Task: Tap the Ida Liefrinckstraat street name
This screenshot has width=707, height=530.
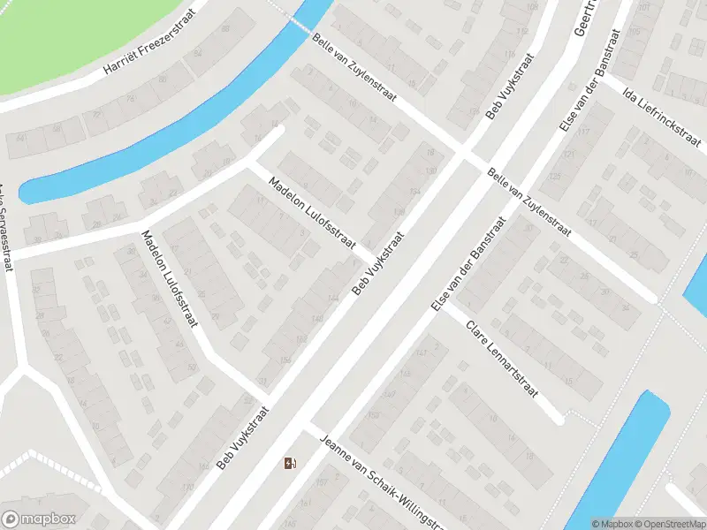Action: pyautogui.click(x=662, y=117)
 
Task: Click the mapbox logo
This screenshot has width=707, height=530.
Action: pyautogui.click(x=39, y=519)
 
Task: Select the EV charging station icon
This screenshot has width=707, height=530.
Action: pyautogui.click(x=290, y=463)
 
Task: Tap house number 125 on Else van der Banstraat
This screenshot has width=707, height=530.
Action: pyautogui.click(x=554, y=175)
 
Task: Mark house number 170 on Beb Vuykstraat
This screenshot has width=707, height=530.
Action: pyautogui.click(x=186, y=486)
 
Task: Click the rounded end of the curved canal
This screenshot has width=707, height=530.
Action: pyautogui.click(x=28, y=191)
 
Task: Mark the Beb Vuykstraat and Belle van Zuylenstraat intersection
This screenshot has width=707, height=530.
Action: pyautogui.click(x=462, y=155)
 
